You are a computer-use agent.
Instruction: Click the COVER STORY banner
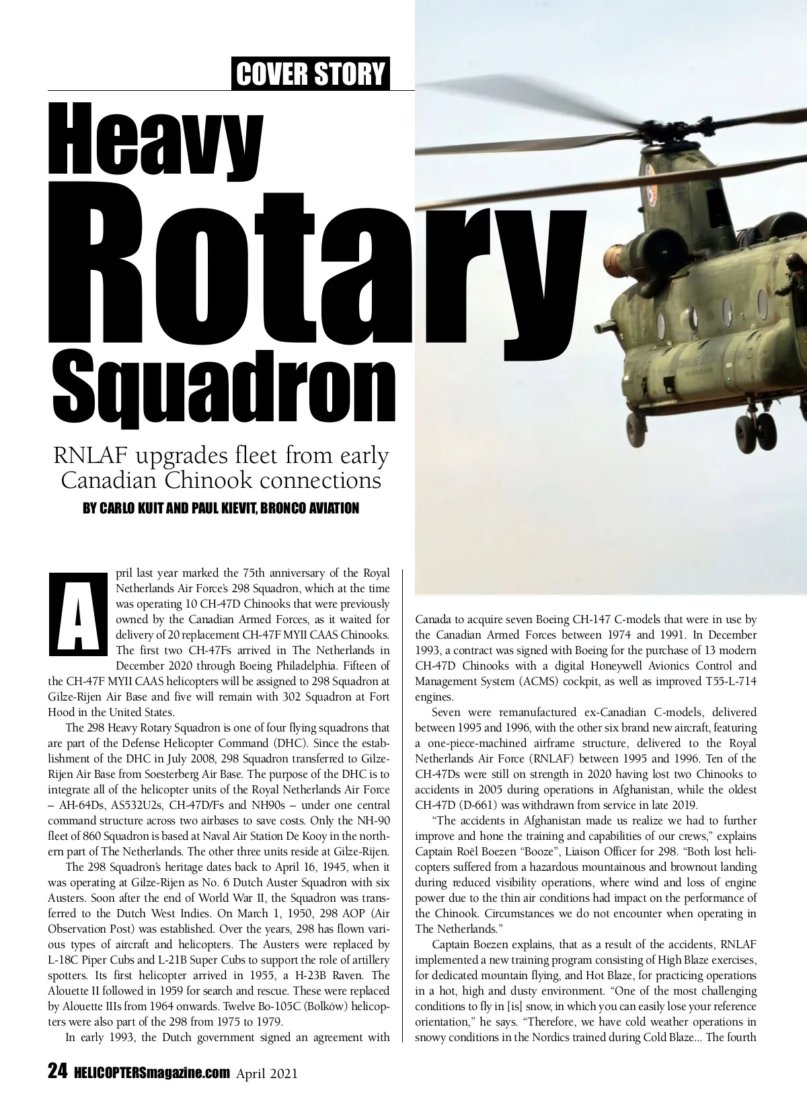point(311,73)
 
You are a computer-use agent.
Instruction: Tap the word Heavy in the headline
point(156,135)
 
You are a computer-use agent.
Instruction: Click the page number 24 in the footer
point(56,1071)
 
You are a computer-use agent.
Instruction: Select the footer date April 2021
point(267,1072)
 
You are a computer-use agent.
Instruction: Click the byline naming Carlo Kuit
point(221,508)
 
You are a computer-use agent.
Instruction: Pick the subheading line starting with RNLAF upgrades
point(221,456)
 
